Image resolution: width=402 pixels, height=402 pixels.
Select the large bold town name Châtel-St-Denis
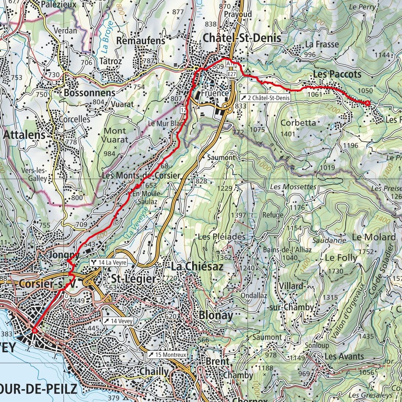pyautogui.click(x=242, y=38)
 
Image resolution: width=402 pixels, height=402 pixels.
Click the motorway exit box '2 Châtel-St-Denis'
pyautogui.click(x=265, y=98)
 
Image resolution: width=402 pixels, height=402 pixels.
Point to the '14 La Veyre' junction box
pyautogui.click(x=109, y=262)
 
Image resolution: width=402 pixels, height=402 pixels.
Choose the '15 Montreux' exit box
pyautogui.click(x=167, y=355)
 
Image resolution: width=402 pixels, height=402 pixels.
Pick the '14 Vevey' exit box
pyautogui.click(x=118, y=321)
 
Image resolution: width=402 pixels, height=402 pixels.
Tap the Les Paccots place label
pyautogui.click(x=337, y=74)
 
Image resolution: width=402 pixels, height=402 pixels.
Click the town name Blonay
pyautogui.click(x=216, y=315)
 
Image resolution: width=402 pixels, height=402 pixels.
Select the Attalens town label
pyautogui.click(x=24, y=135)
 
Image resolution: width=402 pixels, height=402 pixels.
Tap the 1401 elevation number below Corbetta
pyautogui.click(x=288, y=134)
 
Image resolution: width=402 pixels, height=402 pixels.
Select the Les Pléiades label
pyautogui.click(x=222, y=236)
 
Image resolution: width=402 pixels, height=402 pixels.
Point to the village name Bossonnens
pyautogui.click(x=89, y=93)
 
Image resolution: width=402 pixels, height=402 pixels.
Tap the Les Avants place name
pyautogui.click(x=344, y=356)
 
